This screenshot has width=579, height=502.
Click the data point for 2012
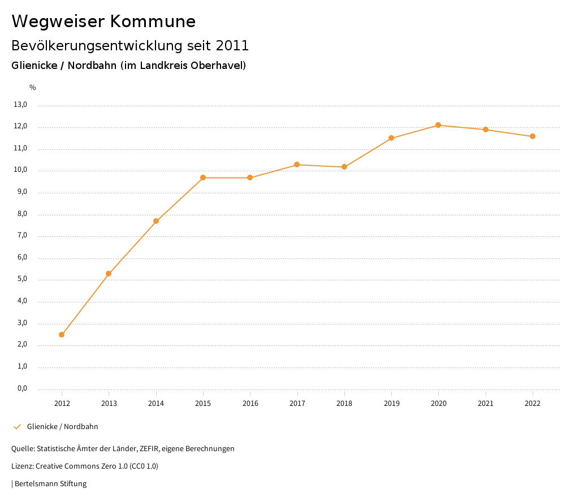click(62, 335)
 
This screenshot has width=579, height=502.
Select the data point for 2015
click(203, 178)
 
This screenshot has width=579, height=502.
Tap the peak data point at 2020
click(438, 125)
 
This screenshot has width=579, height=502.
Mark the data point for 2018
click(344, 167)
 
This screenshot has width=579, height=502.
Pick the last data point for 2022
click(533, 136)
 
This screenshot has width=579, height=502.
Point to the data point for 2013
click(109, 274)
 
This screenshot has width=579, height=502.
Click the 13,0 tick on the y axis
click(20, 105)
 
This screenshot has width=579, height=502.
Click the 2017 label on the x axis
click(297, 403)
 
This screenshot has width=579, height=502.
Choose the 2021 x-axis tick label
click(486, 403)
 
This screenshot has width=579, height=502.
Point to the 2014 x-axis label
click(156, 403)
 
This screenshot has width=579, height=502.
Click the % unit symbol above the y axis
click(33, 88)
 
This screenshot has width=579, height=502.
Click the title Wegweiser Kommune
click(103, 21)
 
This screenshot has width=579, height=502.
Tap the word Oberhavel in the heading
click(217, 66)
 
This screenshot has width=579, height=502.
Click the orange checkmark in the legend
click(17, 427)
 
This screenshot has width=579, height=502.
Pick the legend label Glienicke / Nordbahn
click(63, 427)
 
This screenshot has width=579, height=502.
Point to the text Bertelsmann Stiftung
click(50, 484)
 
